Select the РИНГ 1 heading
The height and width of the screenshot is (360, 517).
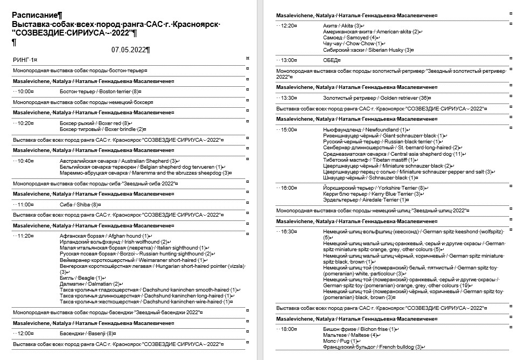coord(24,59)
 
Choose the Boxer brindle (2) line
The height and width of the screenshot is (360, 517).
coord(102,129)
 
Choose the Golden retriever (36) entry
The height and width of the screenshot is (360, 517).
coord(377,98)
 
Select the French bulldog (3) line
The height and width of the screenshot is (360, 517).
coord(373,347)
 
